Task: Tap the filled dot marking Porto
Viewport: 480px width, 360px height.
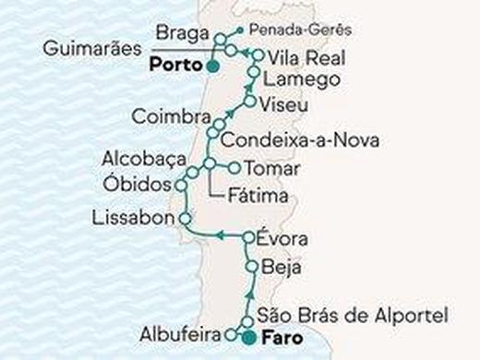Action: pos(213,66)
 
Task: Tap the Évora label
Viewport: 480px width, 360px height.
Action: pos(282,239)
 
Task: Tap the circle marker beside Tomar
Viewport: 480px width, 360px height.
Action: pos(233,169)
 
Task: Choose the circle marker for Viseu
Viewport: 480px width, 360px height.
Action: pos(250,100)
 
